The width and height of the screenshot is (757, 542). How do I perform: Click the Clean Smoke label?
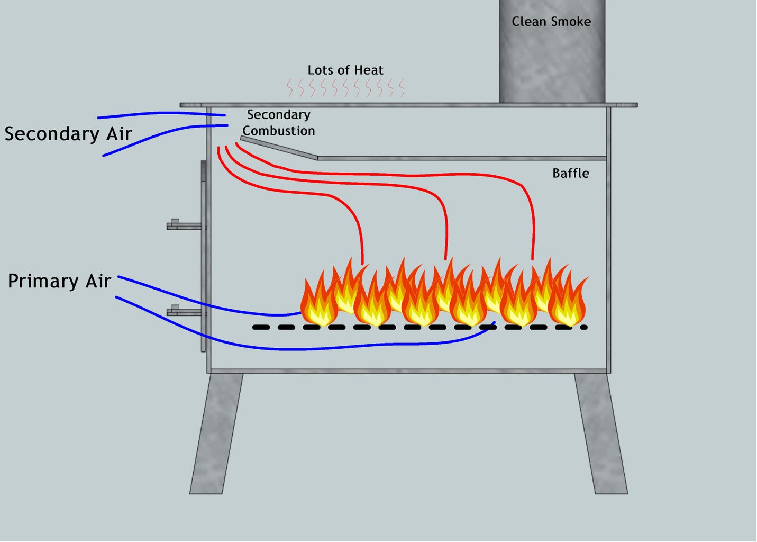pos(551,22)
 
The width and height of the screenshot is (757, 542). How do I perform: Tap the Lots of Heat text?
pos(345,70)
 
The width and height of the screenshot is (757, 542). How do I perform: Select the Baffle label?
pos(570,173)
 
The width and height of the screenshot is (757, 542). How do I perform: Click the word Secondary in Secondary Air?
pos(51,134)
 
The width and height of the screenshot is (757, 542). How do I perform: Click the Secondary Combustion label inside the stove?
pos(278,123)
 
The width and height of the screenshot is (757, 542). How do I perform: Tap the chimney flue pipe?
pos(552,64)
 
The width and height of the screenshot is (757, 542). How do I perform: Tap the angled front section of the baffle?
pos(279,148)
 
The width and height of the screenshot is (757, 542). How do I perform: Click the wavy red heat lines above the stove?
pos(345,88)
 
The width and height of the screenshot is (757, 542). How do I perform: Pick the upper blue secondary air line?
pos(159,113)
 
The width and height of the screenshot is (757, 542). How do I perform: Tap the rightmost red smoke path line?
pos(532,212)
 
